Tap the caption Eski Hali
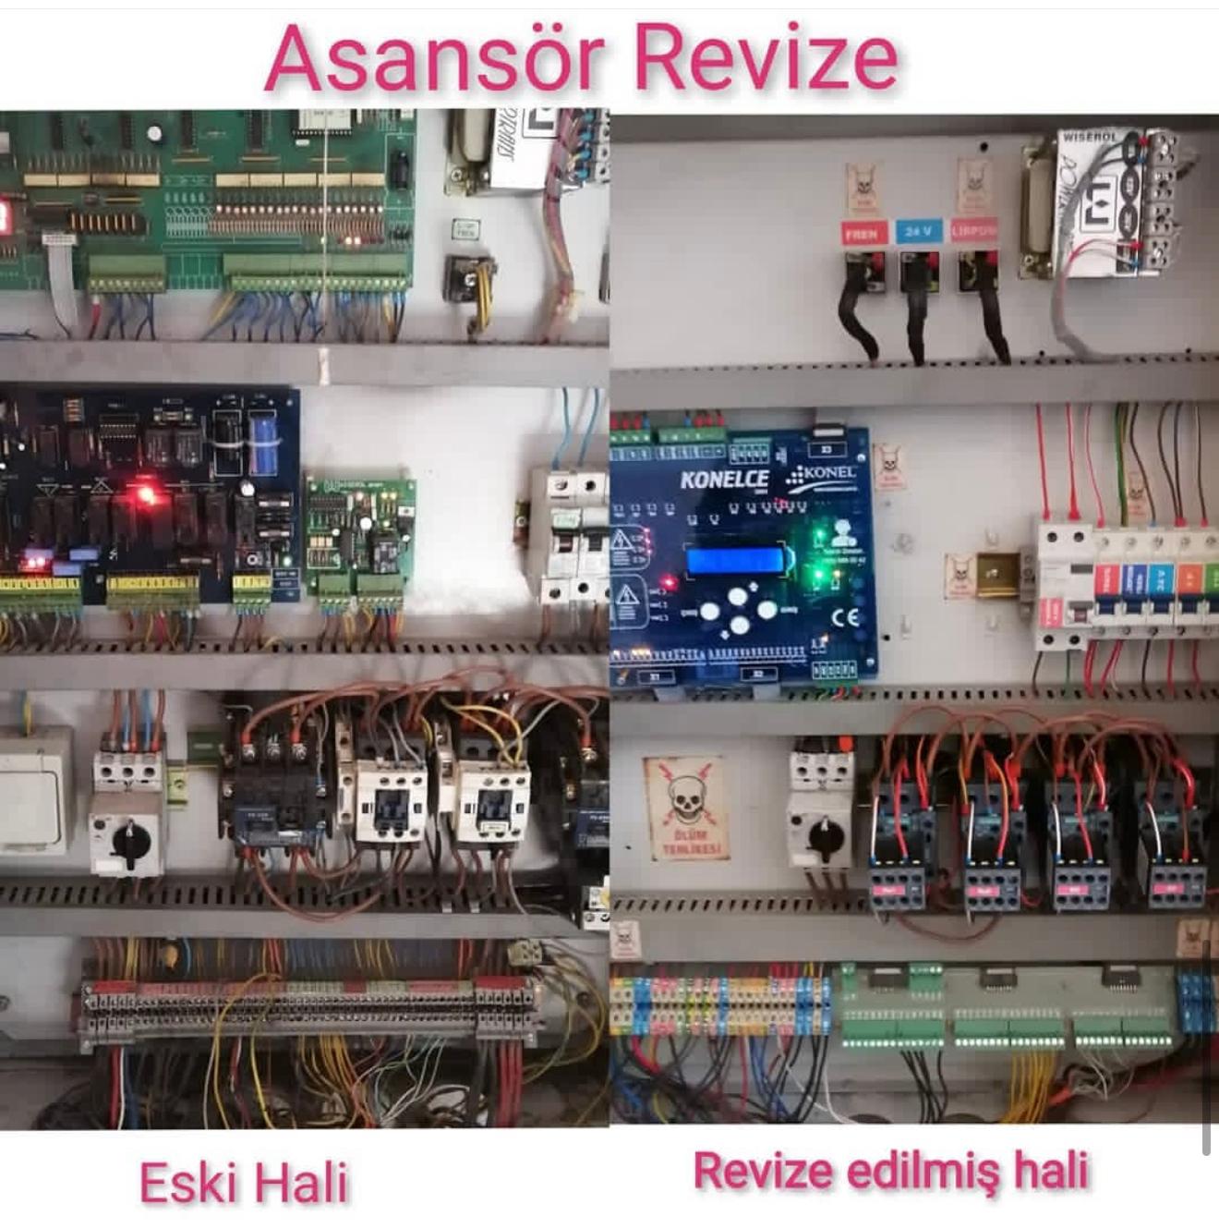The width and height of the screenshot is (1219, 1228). [x=244, y=1182]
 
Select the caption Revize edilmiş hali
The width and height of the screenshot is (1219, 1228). [x=891, y=1171]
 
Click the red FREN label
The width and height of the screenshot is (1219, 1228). [x=863, y=233]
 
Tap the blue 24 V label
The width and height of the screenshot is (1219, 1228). [x=918, y=231]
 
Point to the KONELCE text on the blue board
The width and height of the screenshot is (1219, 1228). [x=724, y=479]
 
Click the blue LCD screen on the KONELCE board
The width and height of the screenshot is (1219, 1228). [x=735, y=561]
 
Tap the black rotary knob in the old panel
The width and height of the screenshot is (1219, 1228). [x=129, y=841]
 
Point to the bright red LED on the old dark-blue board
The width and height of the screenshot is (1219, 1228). [x=145, y=494]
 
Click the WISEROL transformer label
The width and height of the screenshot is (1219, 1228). [x=1091, y=137]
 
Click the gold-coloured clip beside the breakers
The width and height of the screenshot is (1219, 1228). [x=996, y=575]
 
